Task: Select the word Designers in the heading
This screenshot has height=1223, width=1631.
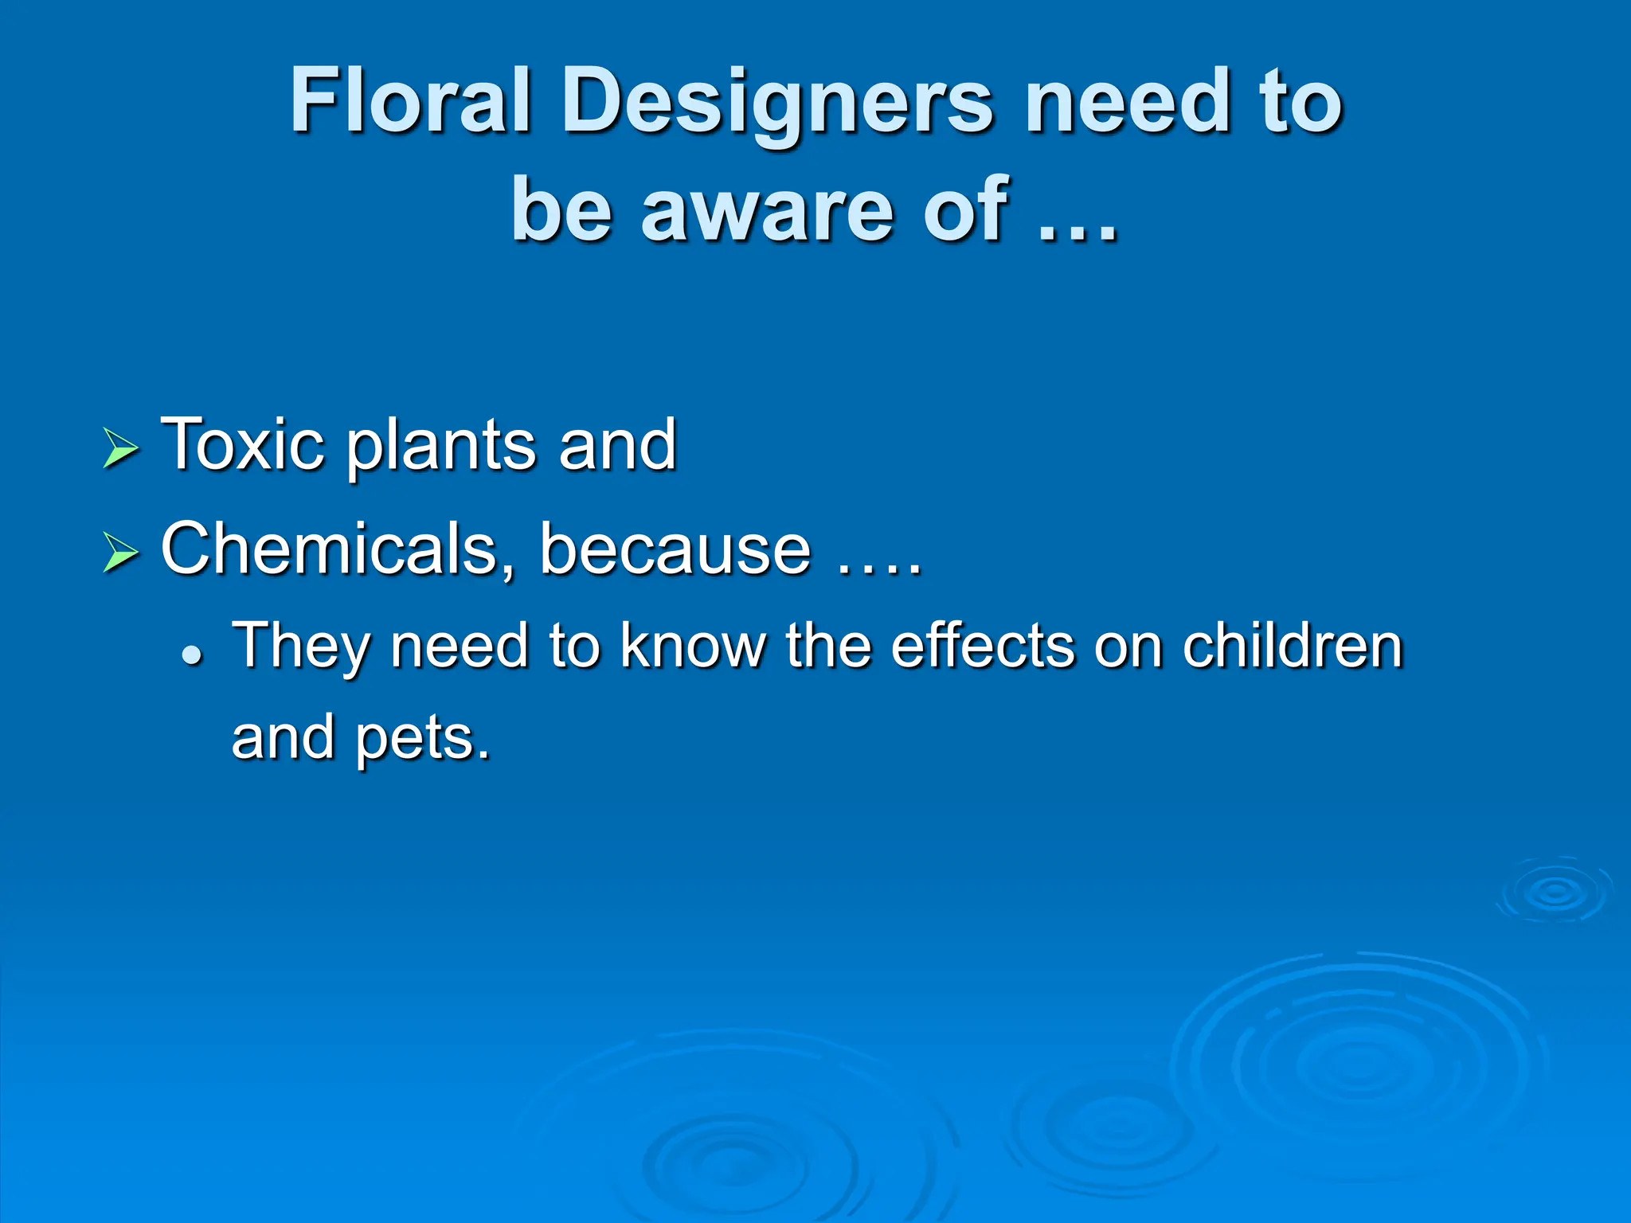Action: [x=777, y=104]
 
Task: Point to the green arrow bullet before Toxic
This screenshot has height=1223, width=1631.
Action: [x=121, y=448]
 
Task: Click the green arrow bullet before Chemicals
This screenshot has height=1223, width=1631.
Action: [x=121, y=553]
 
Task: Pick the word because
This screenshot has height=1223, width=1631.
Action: [x=675, y=549]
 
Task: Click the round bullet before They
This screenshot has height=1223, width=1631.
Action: [x=191, y=655]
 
